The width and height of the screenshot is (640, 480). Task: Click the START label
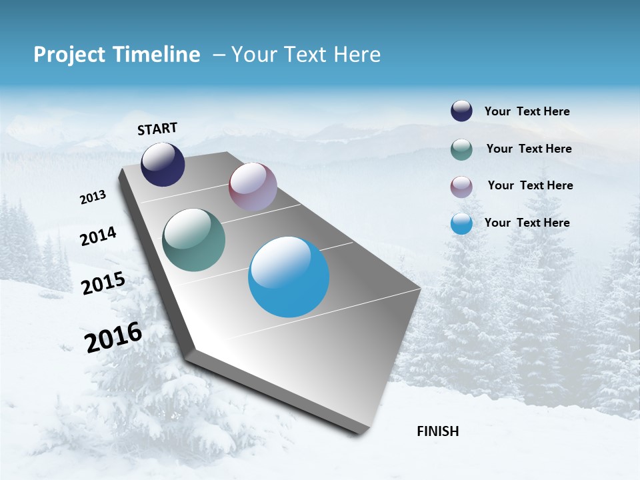coord(157,129)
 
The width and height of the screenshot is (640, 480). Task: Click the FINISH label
coord(437,431)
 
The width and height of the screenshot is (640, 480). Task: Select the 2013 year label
coord(93,197)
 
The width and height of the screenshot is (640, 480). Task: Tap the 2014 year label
coord(98,236)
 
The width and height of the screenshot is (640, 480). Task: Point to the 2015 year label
coord(103,283)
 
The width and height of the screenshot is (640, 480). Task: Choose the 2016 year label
coord(113,337)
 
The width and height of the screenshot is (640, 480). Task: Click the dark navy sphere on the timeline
coord(163,165)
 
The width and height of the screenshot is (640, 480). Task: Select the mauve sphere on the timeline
coord(253,187)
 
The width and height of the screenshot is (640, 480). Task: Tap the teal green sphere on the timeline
coord(193,240)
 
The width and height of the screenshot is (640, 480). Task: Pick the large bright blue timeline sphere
coord(289,277)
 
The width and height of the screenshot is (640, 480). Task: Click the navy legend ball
coord(461,111)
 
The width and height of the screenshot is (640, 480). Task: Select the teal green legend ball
coord(461,149)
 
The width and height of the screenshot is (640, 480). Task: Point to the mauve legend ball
coord(461,187)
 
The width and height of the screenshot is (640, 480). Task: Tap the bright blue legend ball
coord(461,223)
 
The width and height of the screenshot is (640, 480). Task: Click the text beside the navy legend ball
coord(527,111)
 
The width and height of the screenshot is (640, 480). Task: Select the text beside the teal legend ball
coord(529,149)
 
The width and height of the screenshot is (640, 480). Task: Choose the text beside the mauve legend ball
coord(530,185)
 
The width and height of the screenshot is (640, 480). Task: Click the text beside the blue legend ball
coord(527,223)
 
